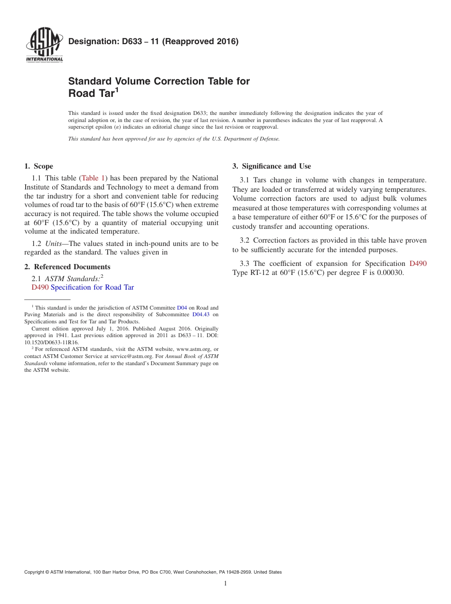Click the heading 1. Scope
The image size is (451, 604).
click(38, 166)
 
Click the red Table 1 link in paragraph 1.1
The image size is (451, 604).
click(93, 178)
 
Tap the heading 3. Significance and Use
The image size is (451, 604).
click(272, 166)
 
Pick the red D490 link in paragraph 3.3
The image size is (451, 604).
click(418, 264)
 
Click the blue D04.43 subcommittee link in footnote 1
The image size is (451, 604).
click(201, 314)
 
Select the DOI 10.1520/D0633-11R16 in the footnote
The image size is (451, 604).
click(51, 342)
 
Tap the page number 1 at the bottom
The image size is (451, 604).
click(225, 584)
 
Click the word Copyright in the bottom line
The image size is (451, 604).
click(35, 572)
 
